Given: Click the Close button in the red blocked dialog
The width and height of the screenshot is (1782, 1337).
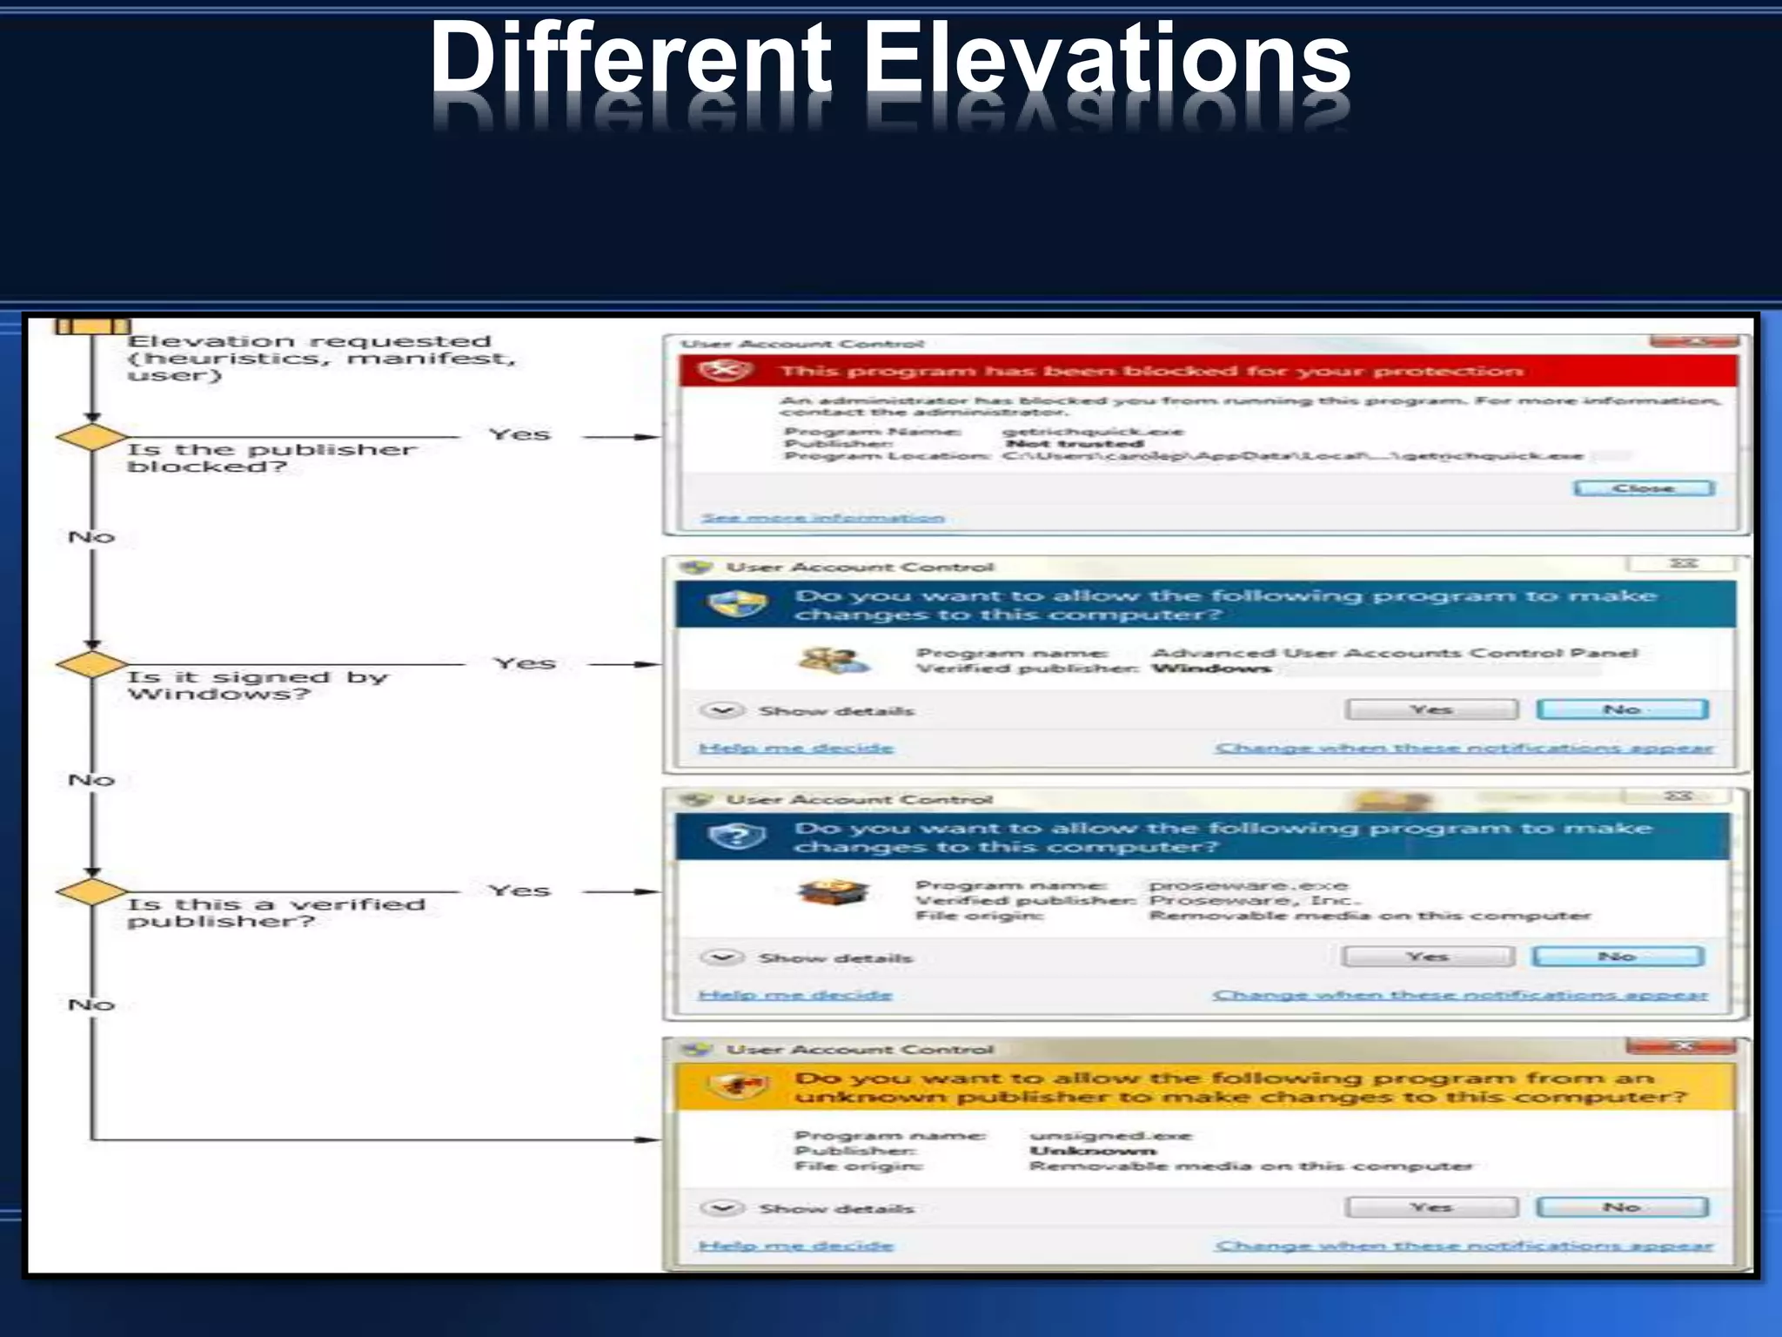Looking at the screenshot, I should click(1644, 488).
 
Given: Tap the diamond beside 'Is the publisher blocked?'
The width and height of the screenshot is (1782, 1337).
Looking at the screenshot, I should click(91, 437).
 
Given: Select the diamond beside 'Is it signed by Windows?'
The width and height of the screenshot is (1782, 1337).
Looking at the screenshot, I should click(91, 665).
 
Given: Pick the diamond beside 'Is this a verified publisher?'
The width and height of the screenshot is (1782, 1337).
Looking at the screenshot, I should click(91, 892).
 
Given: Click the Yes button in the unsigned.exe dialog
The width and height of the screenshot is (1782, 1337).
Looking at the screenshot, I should click(1430, 1207).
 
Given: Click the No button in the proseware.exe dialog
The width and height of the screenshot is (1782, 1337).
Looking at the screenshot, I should click(1617, 957).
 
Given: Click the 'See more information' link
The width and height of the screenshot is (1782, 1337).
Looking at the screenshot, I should click(822, 518).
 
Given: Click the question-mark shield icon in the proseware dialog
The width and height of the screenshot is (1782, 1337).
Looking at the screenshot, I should click(736, 836).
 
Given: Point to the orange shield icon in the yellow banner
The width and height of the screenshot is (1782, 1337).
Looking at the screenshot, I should click(738, 1086).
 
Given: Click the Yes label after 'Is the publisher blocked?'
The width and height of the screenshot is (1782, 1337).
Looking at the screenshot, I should click(519, 434).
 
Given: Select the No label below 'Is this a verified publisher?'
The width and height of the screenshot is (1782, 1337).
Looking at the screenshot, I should click(91, 1004).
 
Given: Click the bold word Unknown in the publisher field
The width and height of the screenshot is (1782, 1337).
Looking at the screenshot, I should click(1093, 1151).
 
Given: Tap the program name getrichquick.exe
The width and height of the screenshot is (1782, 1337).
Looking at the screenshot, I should click(1092, 432).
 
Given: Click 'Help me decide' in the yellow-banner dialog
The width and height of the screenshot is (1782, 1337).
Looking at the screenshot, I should click(795, 1246).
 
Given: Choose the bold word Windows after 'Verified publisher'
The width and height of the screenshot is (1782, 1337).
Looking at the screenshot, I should click(1211, 668).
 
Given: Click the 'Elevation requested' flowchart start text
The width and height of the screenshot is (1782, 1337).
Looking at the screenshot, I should click(309, 341).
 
